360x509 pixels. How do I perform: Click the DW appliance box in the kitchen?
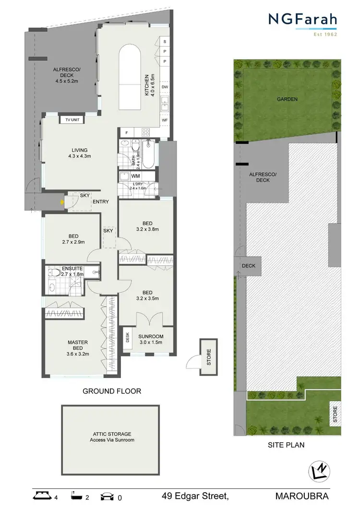point(165,87)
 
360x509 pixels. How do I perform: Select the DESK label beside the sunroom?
point(128,337)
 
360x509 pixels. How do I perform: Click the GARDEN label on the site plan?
point(287,99)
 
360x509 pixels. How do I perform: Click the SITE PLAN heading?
point(286,445)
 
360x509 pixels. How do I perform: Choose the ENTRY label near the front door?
point(101,202)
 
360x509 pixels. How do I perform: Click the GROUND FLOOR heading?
point(112,391)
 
